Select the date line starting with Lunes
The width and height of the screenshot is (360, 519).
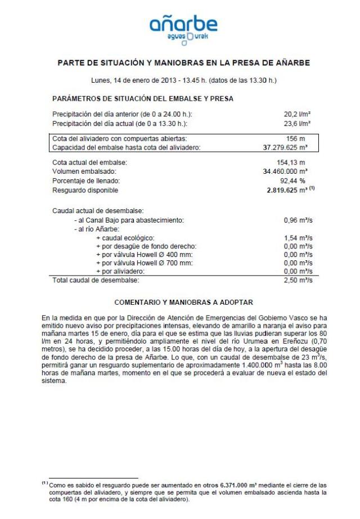[183, 80]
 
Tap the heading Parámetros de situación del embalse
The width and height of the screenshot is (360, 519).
[142, 98]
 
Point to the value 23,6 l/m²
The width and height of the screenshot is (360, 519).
[298, 122]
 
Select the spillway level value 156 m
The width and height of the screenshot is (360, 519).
[296, 138]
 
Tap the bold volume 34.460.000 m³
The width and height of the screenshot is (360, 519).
[285, 172]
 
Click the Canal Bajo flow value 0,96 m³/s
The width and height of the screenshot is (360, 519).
[298, 220]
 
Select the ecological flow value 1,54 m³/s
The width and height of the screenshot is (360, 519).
[298, 238]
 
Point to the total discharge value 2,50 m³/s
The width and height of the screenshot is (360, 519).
[298, 279]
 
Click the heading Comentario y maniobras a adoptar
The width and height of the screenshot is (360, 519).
[183, 302]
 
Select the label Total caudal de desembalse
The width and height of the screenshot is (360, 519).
[95, 279]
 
